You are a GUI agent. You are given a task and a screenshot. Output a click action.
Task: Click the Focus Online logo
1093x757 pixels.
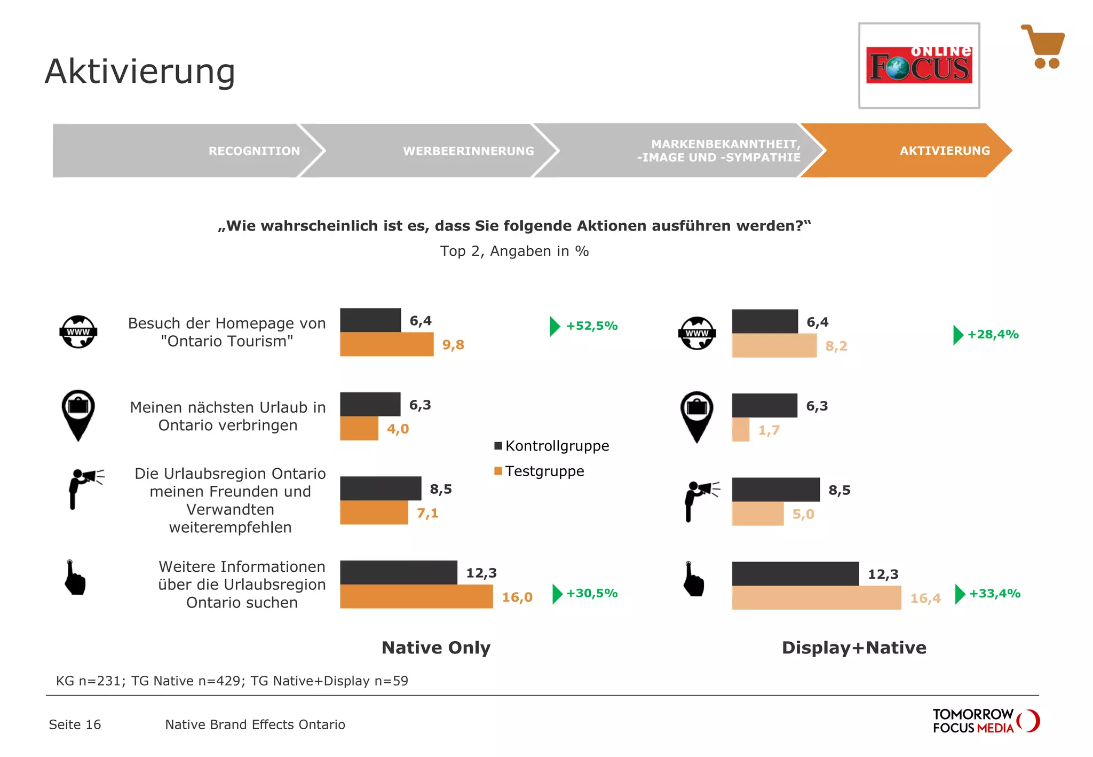(x=918, y=66)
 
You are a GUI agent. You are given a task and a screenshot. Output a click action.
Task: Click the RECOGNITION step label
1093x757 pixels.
(x=254, y=151)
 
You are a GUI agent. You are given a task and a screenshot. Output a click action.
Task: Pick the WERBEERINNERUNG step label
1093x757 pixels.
(x=468, y=151)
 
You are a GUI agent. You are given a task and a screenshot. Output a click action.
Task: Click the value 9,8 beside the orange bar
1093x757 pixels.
(x=453, y=345)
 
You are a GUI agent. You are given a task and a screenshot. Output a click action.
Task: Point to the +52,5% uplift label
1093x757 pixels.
(x=591, y=326)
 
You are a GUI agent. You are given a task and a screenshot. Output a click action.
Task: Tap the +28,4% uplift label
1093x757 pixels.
(x=993, y=334)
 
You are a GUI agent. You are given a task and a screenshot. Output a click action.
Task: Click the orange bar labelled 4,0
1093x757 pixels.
(x=359, y=429)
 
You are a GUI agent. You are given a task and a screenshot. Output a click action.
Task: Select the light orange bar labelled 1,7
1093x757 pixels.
(x=741, y=430)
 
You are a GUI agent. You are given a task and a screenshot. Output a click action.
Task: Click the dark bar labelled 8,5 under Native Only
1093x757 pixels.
(x=381, y=488)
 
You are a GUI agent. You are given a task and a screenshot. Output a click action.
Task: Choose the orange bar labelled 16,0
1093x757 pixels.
(x=416, y=596)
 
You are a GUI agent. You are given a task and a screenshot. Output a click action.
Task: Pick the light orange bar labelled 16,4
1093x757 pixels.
(x=816, y=598)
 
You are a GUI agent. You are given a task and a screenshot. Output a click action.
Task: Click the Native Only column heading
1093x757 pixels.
(x=436, y=648)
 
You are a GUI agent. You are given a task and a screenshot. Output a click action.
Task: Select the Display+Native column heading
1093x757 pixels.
(x=854, y=648)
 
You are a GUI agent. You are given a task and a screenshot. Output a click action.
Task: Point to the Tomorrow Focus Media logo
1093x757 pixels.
(x=985, y=721)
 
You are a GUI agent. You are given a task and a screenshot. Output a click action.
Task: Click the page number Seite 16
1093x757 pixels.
(x=75, y=724)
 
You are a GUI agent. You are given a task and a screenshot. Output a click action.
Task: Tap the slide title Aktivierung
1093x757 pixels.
(x=140, y=72)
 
